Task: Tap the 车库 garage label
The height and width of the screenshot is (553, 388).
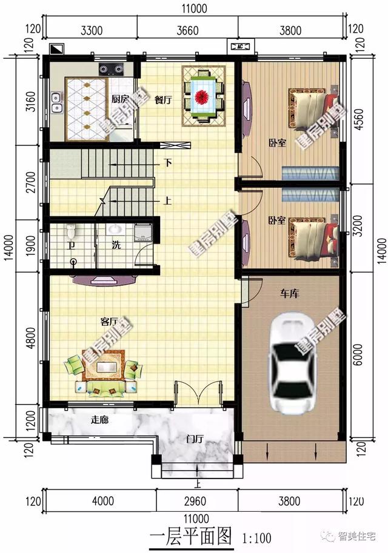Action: [289, 293]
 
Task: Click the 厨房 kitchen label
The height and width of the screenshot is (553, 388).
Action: [119, 99]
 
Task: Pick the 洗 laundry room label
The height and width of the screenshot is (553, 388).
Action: [115, 245]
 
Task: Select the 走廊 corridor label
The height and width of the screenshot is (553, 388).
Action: [99, 419]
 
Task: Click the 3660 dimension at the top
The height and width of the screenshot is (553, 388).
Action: [188, 28]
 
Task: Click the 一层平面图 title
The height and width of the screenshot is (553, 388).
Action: [191, 535]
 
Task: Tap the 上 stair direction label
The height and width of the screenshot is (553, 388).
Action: [167, 202]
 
